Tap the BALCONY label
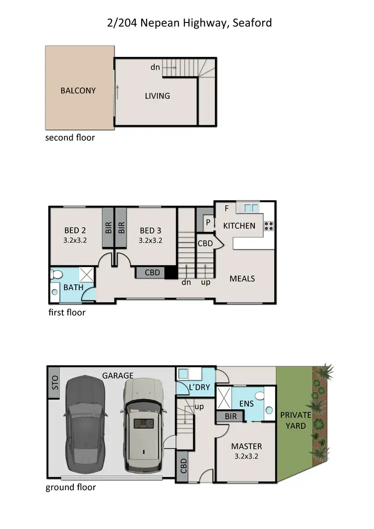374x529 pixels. point(78,91)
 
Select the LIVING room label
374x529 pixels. point(157,96)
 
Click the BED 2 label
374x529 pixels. point(75,231)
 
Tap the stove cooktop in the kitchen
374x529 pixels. point(269,226)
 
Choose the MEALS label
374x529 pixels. point(242,278)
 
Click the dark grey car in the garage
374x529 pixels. point(86,423)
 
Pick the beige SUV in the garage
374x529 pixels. point(144,424)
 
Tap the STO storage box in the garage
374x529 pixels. point(54,383)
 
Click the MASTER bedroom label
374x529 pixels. point(246,446)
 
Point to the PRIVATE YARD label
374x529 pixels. point(295,420)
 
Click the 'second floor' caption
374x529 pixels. point(70,137)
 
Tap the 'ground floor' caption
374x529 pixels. point(70,487)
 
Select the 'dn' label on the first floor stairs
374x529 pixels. point(186,282)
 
